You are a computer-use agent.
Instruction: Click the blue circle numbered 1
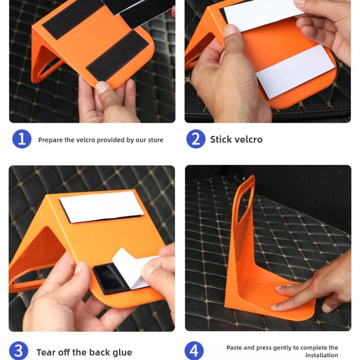22,139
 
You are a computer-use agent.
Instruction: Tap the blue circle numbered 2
196,139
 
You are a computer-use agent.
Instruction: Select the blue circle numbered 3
18,351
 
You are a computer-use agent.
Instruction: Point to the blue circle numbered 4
194,351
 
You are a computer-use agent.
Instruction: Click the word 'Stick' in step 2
221,139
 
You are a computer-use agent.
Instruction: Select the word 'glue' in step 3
122,353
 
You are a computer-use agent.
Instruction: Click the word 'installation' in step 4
321,355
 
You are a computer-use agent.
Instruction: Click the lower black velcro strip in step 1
117,55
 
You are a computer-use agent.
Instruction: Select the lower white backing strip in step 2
295,71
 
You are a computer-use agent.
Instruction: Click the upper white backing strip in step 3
101,207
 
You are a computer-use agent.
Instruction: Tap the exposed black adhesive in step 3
110,277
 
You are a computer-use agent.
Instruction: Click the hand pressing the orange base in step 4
315,285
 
